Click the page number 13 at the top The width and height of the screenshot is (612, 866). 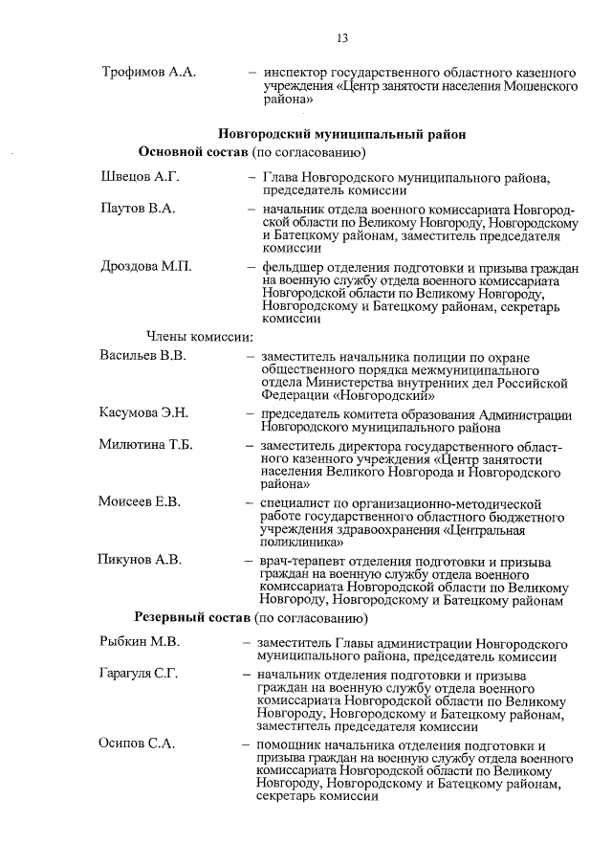pos(341,38)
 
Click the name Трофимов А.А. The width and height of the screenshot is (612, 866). pos(148,72)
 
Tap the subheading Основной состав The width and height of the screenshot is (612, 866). pos(194,153)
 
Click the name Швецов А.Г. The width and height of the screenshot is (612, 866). pos(140,177)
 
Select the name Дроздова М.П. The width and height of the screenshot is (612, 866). pos(145,267)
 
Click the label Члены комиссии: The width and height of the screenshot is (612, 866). pos(199,336)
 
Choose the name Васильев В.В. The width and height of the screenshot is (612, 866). pos(142,356)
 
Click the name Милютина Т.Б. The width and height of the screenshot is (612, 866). pos(147,445)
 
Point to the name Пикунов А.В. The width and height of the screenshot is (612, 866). pos(139,560)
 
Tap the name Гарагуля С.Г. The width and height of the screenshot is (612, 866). pos(142,674)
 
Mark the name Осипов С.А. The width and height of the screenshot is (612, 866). pos(137,744)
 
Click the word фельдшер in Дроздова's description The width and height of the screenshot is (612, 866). pos(289,268)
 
